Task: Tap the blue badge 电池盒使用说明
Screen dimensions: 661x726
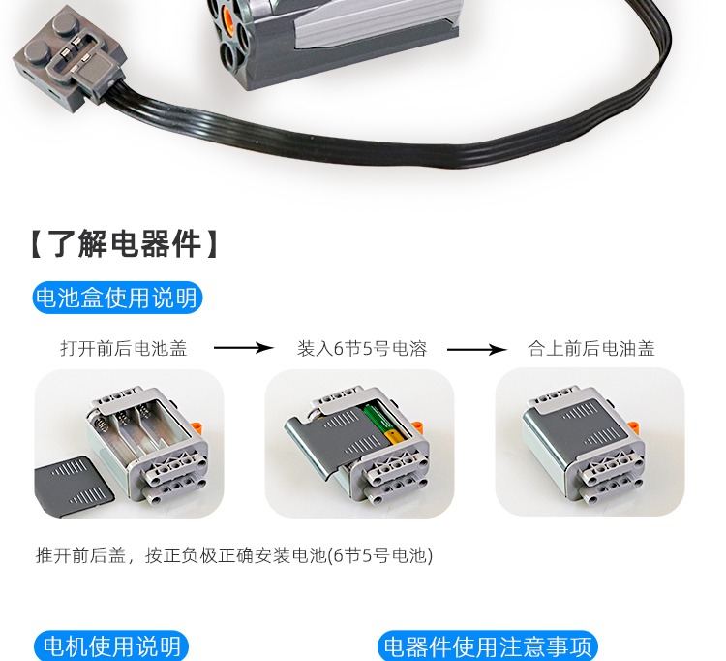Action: pos(117,298)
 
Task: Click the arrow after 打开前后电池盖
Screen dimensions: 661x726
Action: pos(242,348)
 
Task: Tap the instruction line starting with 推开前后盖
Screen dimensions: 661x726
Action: pos(233,555)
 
